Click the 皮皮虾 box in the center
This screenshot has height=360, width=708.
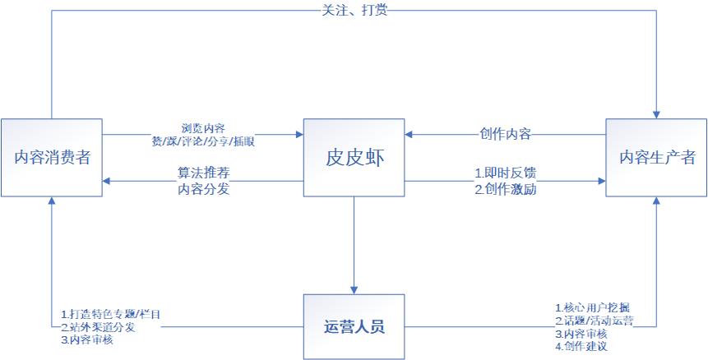(354, 158)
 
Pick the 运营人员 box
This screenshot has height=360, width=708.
(354, 326)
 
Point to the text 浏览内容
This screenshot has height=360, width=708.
(203, 128)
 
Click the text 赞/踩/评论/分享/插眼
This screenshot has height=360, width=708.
(203, 141)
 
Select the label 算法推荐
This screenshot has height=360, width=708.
(203, 173)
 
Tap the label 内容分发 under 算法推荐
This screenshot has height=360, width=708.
(203, 188)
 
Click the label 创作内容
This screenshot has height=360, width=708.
(505, 133)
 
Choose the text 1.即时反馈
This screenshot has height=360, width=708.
(505, 173)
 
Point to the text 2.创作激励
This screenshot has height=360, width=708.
(505, 188)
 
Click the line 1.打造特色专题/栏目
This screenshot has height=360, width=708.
(111, 315)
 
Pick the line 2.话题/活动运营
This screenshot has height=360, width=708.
(594, 321)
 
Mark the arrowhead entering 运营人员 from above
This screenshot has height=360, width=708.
(354, 288)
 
